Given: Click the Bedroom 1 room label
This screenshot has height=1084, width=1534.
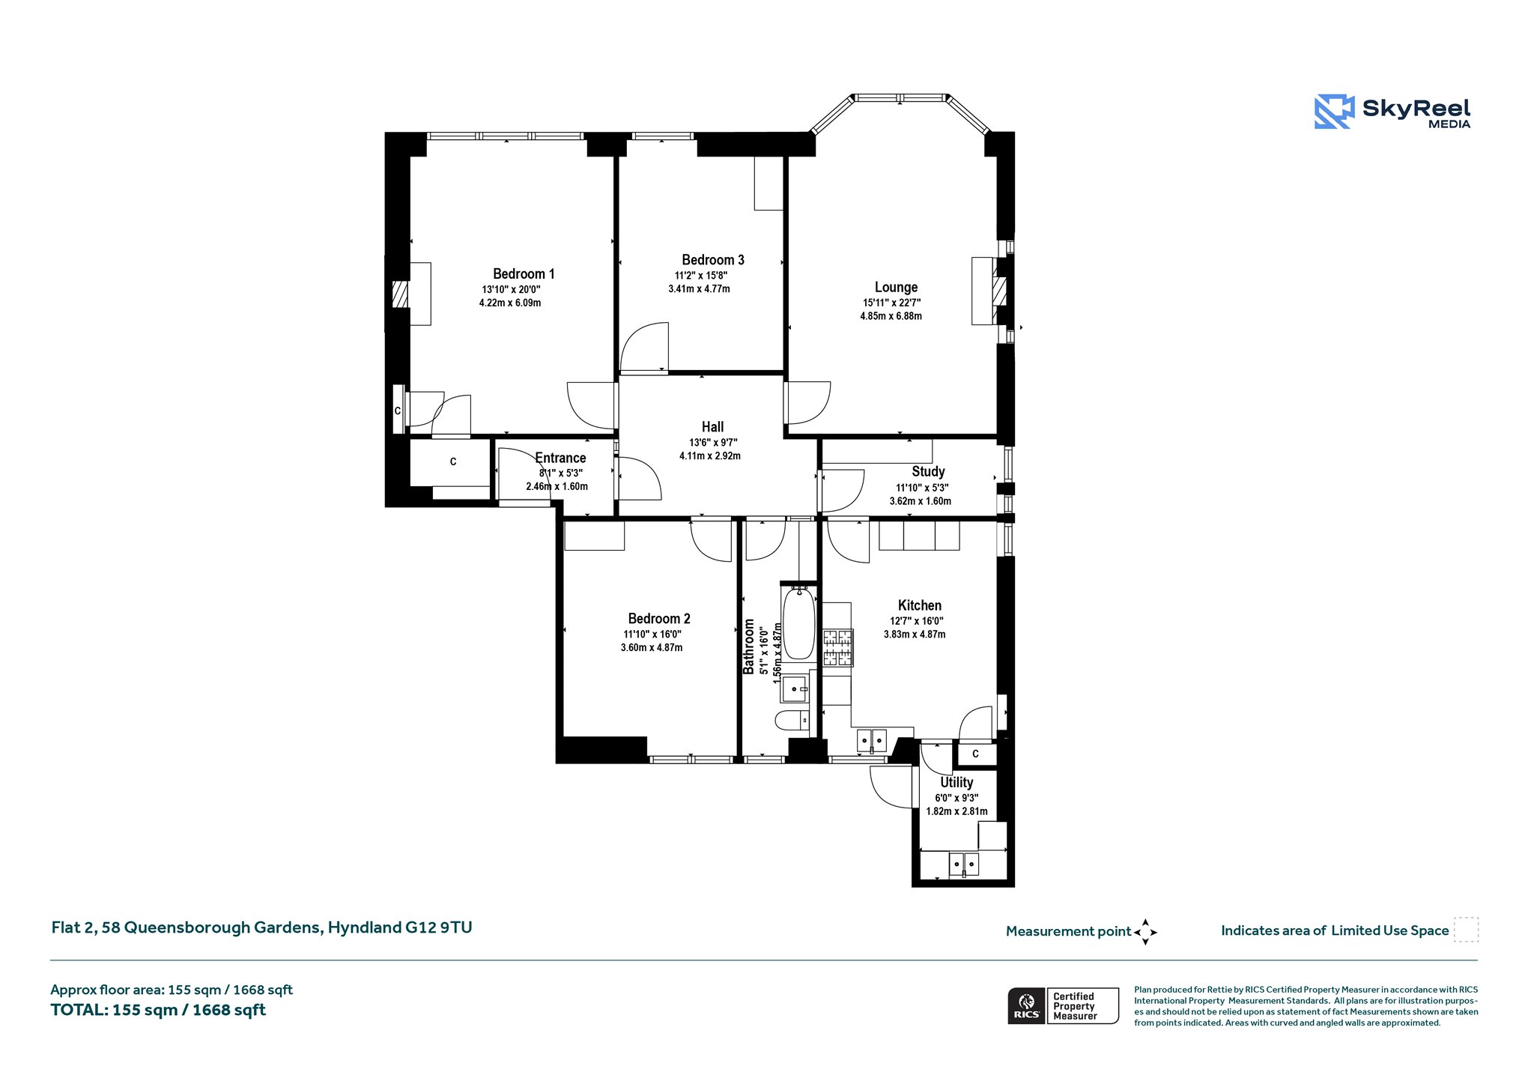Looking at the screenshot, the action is click(x=524, y=273).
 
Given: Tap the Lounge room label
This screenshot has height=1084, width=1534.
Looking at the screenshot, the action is click(x=896, y=287).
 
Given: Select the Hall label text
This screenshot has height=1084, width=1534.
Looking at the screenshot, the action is click(x=712, y=427).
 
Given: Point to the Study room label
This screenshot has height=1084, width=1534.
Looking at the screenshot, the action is click(x=928, y=471).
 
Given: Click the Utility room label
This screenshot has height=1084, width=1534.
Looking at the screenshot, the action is click(x=957, y=782).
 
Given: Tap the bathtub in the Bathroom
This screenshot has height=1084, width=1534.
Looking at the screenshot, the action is click(x=798, y=623).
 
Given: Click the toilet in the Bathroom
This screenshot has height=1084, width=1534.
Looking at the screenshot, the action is click(x=792, y=721).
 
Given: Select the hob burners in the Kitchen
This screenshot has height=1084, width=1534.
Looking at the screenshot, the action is click(x=837, y=648).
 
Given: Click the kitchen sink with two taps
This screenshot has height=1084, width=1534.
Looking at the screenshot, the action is click(x=871, y=740).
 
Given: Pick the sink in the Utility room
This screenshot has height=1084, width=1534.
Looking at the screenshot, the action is click(x=964, y=865).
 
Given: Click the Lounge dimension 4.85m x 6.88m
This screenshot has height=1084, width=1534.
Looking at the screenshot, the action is click(x=891, y=316).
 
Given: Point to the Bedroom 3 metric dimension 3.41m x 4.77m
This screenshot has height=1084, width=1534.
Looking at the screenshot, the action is click(x=699, y=288).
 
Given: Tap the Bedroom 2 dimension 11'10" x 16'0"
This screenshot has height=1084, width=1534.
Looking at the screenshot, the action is click(x=652, y=635).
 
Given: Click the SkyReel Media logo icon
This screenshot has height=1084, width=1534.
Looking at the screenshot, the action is click(x=1335, y=112).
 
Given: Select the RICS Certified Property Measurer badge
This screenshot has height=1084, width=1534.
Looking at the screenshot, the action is click(x=1063, y=1005).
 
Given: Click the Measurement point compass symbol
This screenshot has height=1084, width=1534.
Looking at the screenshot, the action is click(x=1145, y=932).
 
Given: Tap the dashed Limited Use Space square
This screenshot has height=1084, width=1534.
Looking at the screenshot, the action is click(x=1466, y=930).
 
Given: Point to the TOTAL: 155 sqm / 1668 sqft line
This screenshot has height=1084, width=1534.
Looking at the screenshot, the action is click(x=158, y=1010).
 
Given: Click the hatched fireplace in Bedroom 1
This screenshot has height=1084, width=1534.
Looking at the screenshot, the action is click(x=401, y=294).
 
